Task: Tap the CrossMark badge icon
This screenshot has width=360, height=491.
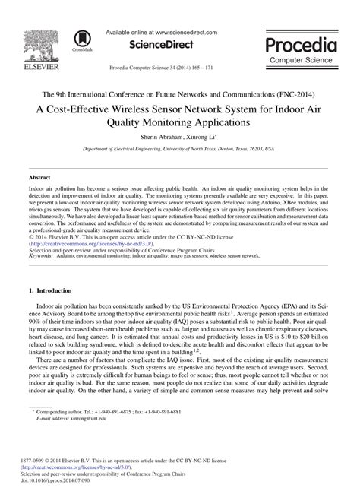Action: pyautogui.click(x=80, y=41)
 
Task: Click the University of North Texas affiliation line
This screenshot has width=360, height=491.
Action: pyautogui.click(x=179, y=150)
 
